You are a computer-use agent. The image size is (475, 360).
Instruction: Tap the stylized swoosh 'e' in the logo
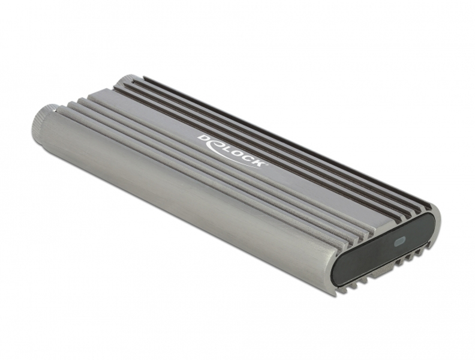tap(215, 144)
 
